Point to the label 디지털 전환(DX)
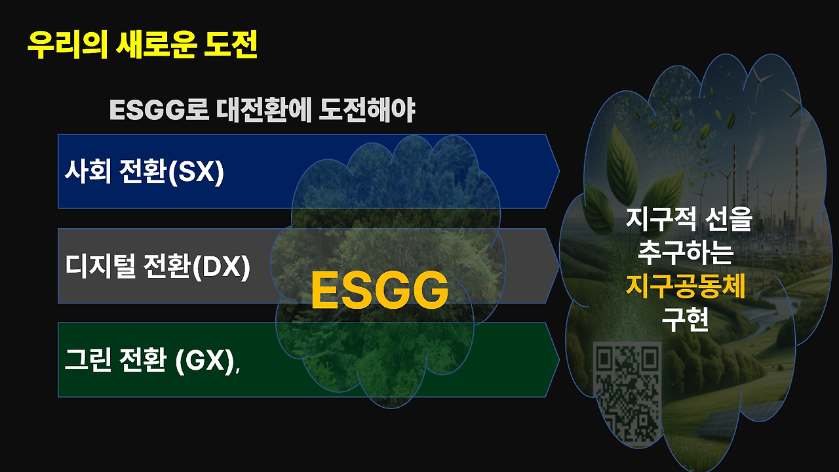click(157, 267)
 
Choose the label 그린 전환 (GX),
click(152, 361)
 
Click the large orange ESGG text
click(380, 290)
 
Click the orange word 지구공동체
click(686, 286)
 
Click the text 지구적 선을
click(688, 220)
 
